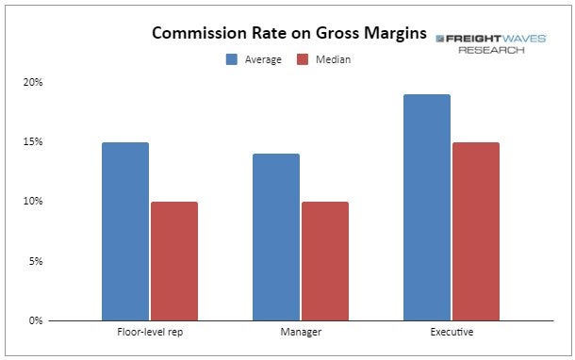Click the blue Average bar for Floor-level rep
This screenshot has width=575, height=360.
[125, 231]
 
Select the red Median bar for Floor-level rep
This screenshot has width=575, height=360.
[174, 261]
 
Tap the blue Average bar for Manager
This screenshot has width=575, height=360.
[276, 237]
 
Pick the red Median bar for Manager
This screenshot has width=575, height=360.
[325, 261]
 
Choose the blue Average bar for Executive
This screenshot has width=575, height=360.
[427, 207]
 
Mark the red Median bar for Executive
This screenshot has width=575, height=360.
[476, 231]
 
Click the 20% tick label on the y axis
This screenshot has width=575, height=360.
[33, 82]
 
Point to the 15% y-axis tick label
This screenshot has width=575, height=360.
[33, 141]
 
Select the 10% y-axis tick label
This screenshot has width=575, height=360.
[33, 201]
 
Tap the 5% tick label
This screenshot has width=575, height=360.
[36, 261]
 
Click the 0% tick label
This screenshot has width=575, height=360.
[36, 320]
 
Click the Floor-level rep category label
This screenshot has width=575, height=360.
[150, 332]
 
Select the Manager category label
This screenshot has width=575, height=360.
[301, 332]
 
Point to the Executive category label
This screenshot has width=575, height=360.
[452, 332]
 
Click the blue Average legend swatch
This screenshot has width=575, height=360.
[232, 59]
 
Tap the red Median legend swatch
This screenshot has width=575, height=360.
[303, 59]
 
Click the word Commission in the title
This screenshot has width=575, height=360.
[200, 33]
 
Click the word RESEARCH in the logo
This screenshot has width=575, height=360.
[491, 50]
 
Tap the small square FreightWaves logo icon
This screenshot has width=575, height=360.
[440, 39]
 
